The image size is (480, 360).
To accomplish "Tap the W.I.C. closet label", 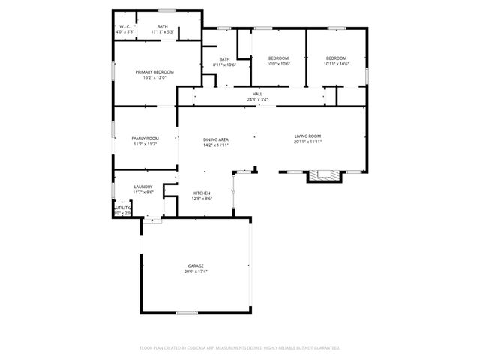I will click(x=125, y=27).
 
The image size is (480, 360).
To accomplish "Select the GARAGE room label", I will click(x=196, y=265).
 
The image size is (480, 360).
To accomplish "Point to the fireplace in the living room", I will click(x=324, y=175).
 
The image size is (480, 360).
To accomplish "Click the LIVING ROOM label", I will click(x=307, y=136).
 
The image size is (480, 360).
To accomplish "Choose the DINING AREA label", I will click(x=215, y=139).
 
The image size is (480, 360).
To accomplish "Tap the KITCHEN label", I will click(x=202, y=193).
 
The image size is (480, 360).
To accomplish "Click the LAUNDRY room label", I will click(x=143, y=187).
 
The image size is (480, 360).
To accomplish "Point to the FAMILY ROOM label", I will click(x=145, y=139).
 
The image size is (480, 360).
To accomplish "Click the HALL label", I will click(x=257, y=94).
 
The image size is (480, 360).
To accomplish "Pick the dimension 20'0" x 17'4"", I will click(x=196, y=271).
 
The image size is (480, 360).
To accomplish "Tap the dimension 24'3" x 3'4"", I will click(x=257, y=99).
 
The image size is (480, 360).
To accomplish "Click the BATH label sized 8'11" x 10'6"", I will click(x=224, y=59).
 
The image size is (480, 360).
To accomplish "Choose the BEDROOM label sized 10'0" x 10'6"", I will click(x=278, y=58).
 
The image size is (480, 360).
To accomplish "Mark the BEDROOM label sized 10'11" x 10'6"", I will click(x=336, y=58).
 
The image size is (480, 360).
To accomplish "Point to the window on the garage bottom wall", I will click(x=187, y=312).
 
